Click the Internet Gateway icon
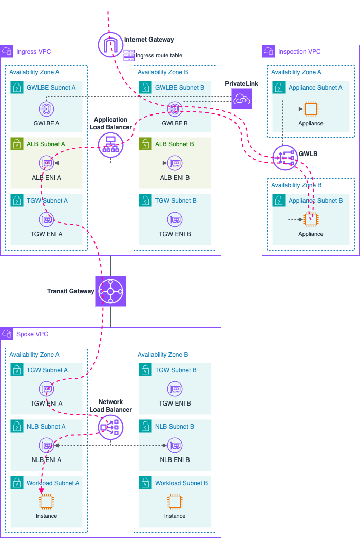[110, 45]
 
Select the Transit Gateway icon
[110, 291]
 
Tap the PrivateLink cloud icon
[241, 99]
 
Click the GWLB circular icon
[285, 158]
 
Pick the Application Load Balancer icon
[110, 145]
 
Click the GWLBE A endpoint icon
[46, 109]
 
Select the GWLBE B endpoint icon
[175, 109]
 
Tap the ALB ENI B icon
[175, 163]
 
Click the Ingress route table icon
[129, 55]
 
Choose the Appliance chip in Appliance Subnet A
[311, 109]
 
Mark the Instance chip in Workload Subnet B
[175, 502]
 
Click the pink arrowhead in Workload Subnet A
[42, 491]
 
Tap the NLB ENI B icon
[175, 446]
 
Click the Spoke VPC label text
[32, 334]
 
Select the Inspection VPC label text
[299, 52]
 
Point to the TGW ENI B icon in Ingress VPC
[175, 220]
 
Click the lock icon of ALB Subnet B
[145, 144]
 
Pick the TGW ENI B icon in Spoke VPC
[175, 389]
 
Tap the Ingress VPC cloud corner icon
[7, 52]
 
